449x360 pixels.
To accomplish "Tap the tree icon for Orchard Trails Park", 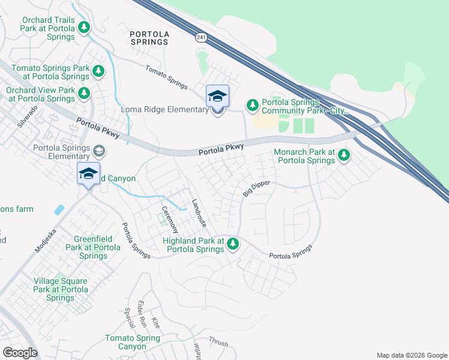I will click(x=85, y=27).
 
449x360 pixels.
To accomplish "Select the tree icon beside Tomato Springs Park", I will click(x=98, y=72).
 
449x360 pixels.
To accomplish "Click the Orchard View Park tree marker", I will click(x=85, y=93).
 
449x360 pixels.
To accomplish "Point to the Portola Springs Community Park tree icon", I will click(x=253, y=106).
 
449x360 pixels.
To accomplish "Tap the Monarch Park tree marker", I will click(x=344, y=155).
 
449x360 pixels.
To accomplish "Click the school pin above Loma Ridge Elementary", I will click(x=217, y=96).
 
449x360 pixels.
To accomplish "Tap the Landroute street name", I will click(x=199, y=213).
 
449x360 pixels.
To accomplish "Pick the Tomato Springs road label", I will click(x=166, y=77).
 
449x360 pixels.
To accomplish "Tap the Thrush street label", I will click(x=218, y=341).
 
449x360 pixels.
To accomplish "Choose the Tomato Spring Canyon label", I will click(x=132, y=342).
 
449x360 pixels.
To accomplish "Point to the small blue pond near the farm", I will click(x=59, y=210).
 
